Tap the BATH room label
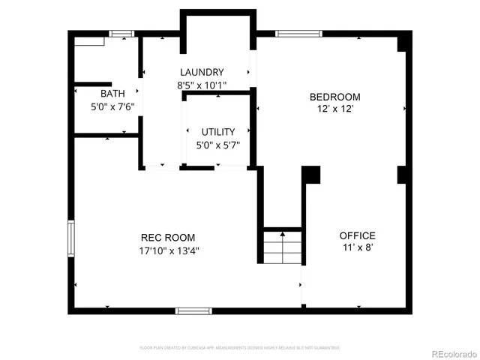click(112, 94)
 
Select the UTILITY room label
click(217, 132)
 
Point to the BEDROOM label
click(335, 97)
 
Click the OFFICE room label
click(357, 235)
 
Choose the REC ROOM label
click(169, 238)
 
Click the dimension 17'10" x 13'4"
click(169, 250)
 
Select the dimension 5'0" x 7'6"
click(112, 106)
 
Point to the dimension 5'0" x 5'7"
click(217, 145)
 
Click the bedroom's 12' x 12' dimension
click(335, 109)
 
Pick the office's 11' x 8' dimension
click(357, 247)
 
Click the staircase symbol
click(282, 247)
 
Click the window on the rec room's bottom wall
click(193, 310)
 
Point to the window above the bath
click(121, 33)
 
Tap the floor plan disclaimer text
click(240, 348)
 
